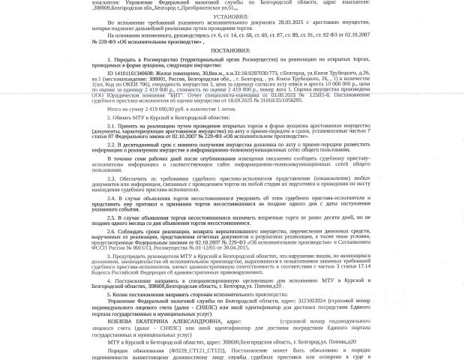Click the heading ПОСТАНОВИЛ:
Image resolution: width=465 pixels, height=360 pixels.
pos(230,50)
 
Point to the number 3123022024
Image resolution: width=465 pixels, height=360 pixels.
pos(312,300)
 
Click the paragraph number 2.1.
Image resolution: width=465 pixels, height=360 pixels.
pos(111,125)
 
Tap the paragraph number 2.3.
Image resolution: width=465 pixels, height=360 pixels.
pos(111,178)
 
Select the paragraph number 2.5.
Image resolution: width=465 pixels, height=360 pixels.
pos(111,217)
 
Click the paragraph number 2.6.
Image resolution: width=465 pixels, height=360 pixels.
pos(111,232)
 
